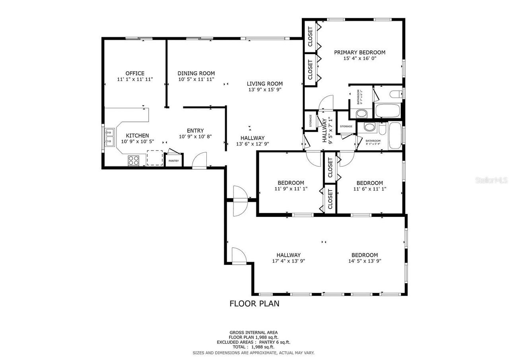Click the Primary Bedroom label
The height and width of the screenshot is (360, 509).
click(359, 53)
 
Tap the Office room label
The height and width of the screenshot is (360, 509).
click(135, 73)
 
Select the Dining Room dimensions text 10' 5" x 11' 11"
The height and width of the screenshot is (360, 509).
click(196, 79)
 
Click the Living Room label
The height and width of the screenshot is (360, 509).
click(264, 84)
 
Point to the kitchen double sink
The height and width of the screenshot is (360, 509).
click(110, 136)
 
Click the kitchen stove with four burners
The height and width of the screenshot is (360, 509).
click(134, 160)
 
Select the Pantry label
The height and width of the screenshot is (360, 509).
click(174, 161)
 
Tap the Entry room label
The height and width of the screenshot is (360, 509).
click(195, 130)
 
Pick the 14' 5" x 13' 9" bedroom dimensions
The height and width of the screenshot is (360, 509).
click(364, 261)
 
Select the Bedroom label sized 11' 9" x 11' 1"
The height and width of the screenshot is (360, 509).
click(291, 183)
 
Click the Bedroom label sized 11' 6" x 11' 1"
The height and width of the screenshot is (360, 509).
click(369, 183)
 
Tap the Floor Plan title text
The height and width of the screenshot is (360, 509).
click(254, 304)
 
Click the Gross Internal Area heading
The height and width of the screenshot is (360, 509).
click(253, 333)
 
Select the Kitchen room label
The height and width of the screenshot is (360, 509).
click(138, 136)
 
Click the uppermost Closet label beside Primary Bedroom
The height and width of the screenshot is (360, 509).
click(310, 37)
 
